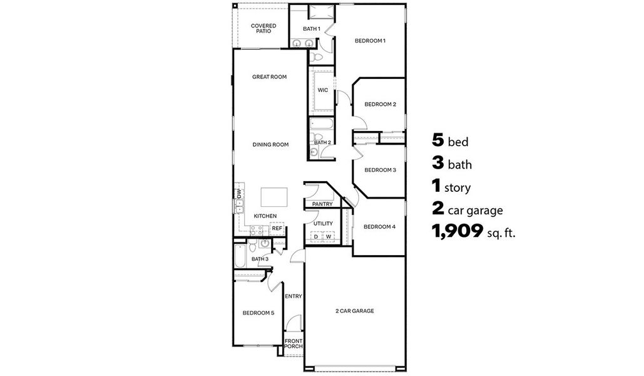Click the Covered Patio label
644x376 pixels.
coord(263,28)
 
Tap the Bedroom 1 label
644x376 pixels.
coord(370,41)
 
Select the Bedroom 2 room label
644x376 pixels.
coord(380,104)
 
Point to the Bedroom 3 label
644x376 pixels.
coord(380,170)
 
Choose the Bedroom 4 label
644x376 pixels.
coord(379,226)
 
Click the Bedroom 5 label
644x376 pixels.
coord(258,313)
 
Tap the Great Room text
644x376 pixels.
coord(269,77)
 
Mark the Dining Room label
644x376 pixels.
coord(270,145)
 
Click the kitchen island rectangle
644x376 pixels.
coord(273,197)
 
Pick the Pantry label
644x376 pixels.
coord(322,204)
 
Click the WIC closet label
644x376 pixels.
coord(322,90)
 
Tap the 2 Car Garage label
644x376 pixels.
coord(355,311)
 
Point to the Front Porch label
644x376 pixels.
coord(294,343)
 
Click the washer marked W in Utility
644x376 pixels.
coord(328,236)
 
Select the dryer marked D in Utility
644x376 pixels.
coord(316,236)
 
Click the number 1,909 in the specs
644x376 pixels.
coord(457,232)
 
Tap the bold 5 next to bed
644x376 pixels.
coord(438,140)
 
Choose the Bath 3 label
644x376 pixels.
coord(260,259)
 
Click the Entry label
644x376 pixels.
coord(294,296)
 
